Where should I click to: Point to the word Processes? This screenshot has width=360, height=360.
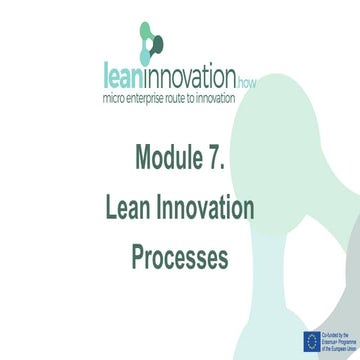[x=180, y=257]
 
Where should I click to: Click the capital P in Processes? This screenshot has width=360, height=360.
[x=139, y=257]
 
